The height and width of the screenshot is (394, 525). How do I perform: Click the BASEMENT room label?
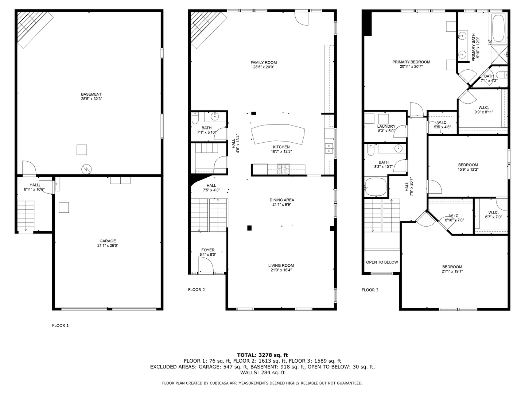pyautogui.click(x=91, y=94)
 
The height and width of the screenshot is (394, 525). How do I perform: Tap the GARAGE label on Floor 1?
pyautogui.click(x=108, y=241)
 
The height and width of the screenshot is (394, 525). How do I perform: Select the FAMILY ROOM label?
pyautogui.click(x=263, y=62)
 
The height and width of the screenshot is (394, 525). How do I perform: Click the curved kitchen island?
pyautogui.click(x=278, y=134)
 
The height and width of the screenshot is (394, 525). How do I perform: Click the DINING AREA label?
pyautogui.click(x=281, y=200)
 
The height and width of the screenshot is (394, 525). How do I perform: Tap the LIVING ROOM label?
pyautogui.click(x=281, y=266)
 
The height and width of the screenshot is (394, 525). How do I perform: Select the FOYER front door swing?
pyautogui.click(x=205, y=264)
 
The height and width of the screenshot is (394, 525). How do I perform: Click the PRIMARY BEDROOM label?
pyautogui.click(x=411, y=62)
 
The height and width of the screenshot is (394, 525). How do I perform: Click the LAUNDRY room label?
pyautogui.click(x=386, y=126)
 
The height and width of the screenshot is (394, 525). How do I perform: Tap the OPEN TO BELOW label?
pyautogui.click(x=382, y=262)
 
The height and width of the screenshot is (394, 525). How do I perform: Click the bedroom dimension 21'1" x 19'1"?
pyautogui.click(x=452, y=271)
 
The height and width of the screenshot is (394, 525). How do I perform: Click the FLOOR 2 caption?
pyautogui.click(x=196, y=290)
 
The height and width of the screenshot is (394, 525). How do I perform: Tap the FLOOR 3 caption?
pyautogui.click(x=370, y=290)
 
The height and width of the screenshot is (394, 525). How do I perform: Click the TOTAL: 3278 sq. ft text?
pyautogui.click(x=262, y=355)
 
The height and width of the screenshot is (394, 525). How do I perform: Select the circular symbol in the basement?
pyautogui.click(x=87, y=169)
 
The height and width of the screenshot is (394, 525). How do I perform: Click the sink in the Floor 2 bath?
pyautogui.click(x=215, y=117)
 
